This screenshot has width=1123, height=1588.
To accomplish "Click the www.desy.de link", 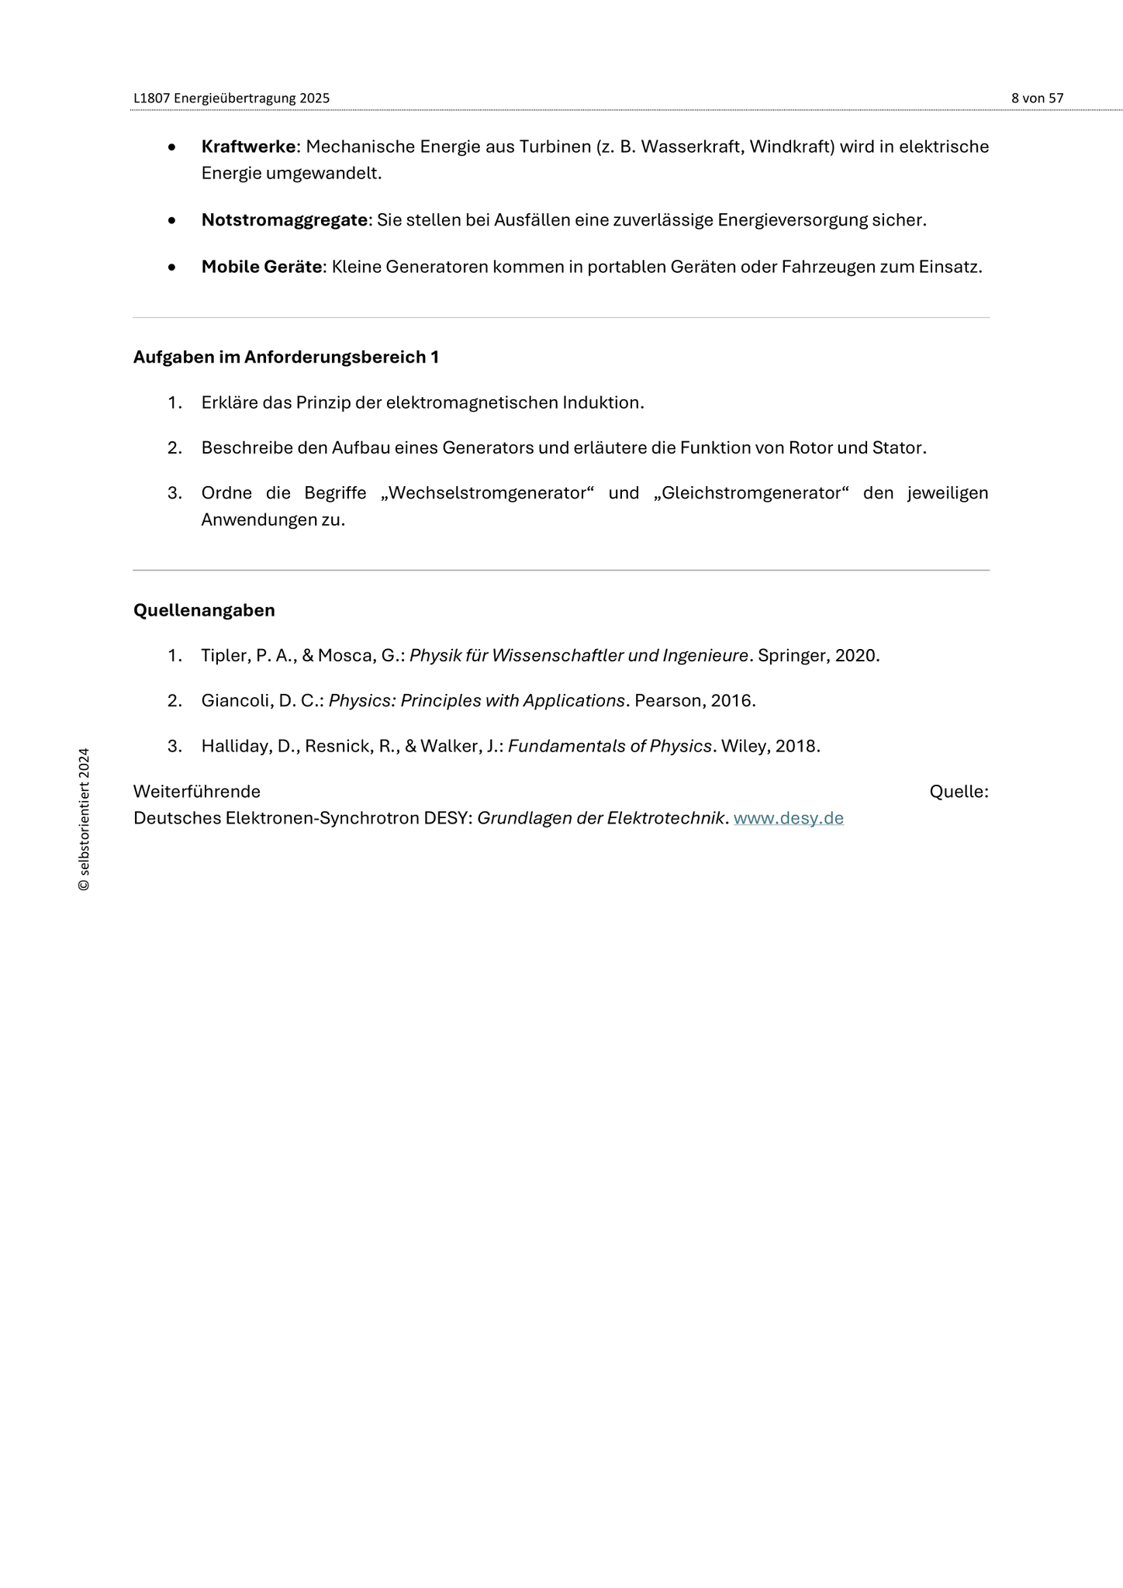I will [x=788, y=818].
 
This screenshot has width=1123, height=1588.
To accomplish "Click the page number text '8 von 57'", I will [x=1037, y=98].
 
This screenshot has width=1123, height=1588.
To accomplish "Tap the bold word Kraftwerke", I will [x=248, y=147].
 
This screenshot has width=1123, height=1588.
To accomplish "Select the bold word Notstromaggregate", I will [x=284, y=220].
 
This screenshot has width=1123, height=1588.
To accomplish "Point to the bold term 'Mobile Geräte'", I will [x=261, y=267].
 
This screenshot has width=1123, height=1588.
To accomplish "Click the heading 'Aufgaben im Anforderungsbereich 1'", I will [x=286, y=357].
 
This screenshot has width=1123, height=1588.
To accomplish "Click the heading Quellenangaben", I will [x=204, y=610].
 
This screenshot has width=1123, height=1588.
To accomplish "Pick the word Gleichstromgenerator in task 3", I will [x=752, y=493].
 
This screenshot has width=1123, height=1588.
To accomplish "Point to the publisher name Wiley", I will [x=743, y=747].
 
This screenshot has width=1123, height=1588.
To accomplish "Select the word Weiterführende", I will [x=197, y=792].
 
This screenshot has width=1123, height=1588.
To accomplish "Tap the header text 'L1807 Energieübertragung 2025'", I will [x=231, y=98].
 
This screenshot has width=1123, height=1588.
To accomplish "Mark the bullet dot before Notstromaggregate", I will [x=171, y=221].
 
